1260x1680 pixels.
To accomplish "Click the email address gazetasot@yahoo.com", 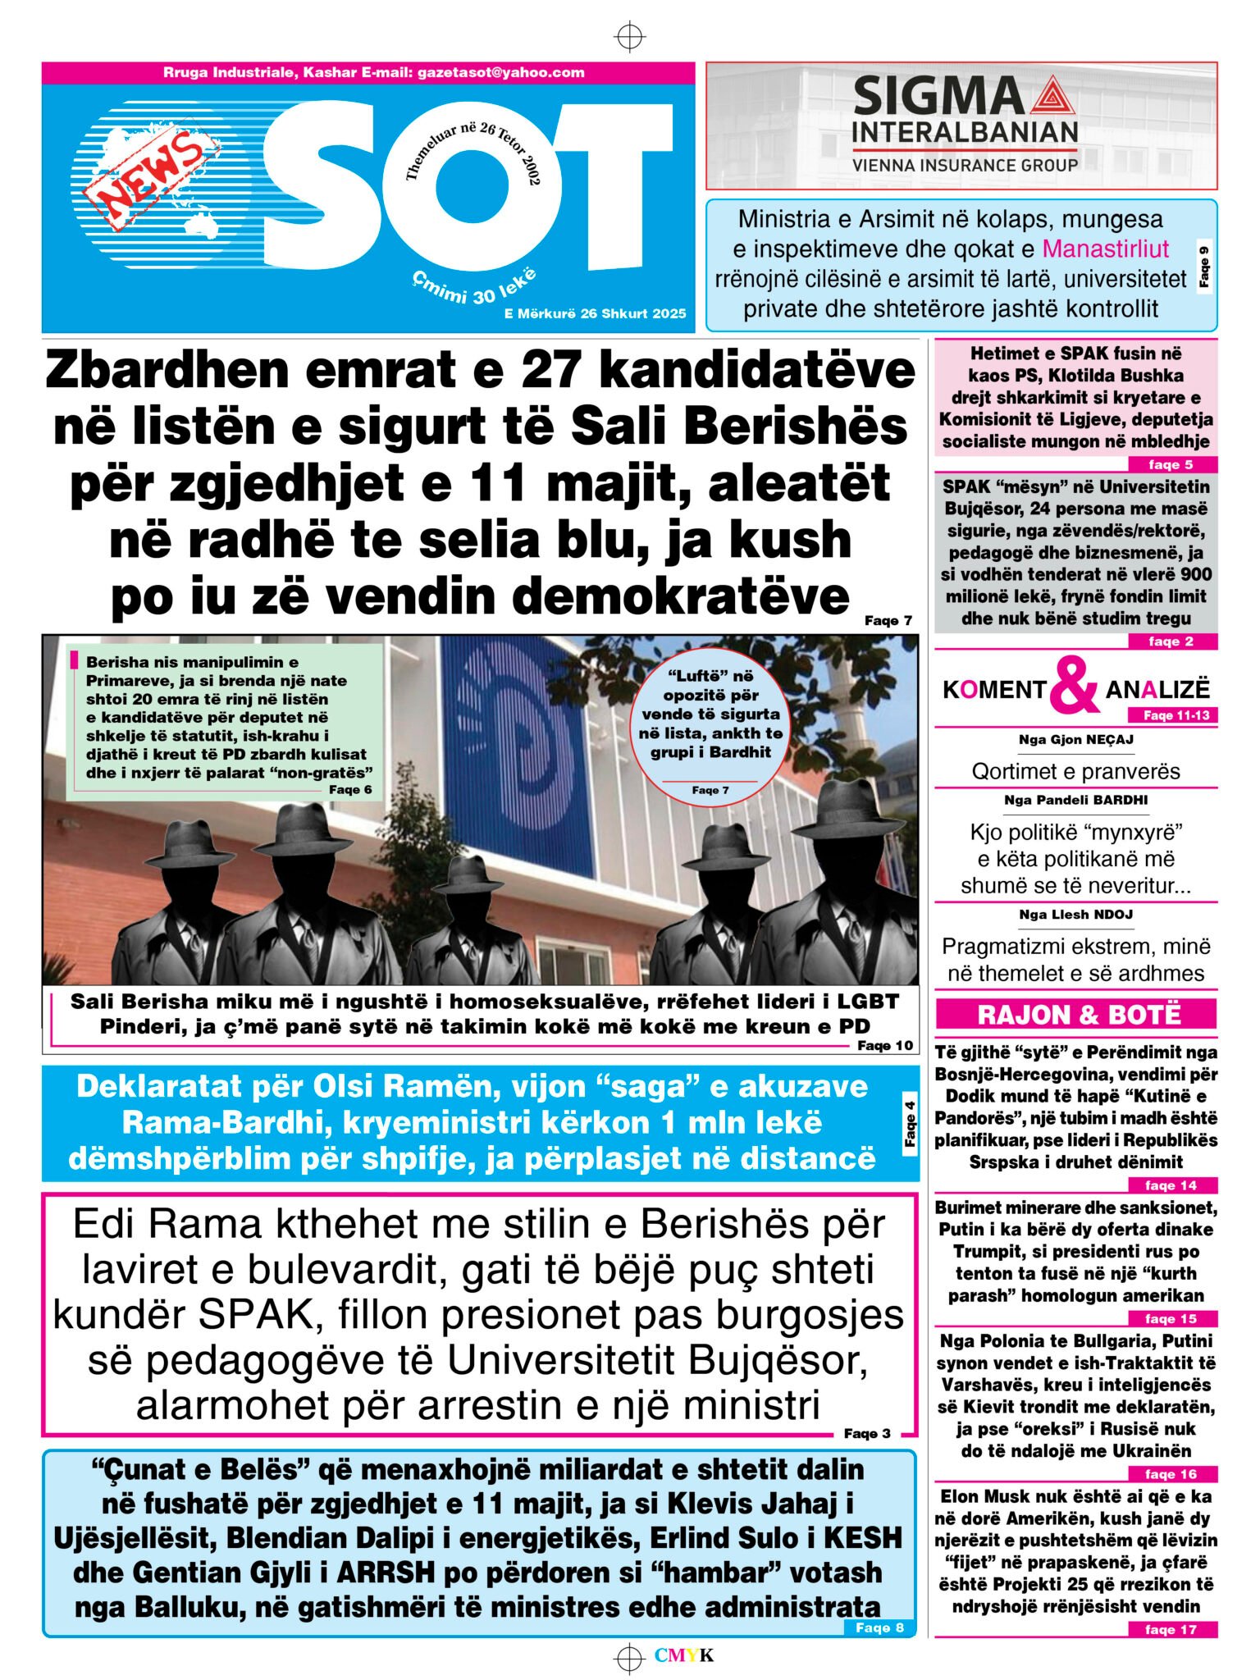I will (x=500, y=72).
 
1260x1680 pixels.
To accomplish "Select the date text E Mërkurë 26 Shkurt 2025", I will (x=595, y=313).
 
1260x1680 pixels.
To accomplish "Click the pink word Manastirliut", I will (x=1105, y=249).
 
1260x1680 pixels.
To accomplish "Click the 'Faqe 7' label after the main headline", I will (x=888, y=621).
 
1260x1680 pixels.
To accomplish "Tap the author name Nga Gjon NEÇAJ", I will (x=1075, y=740).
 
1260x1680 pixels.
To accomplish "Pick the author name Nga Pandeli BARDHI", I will (x=1075, y=800).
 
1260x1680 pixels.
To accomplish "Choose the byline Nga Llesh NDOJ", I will (x=1075, y=915).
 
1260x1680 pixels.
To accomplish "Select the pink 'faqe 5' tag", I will (x=1171, y=465).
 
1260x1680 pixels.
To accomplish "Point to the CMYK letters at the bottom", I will (x=684, y=1655).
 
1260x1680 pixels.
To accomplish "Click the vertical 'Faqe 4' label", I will (x=910, y=1124).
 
